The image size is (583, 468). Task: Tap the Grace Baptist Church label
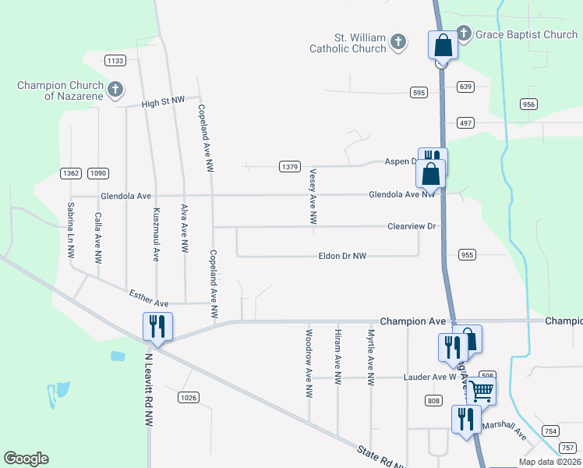pos(528,34)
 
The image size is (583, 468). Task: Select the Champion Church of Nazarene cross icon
pos(115,89)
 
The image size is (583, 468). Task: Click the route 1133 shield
pos(115,60)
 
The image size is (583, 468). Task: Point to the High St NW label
pos(163,102)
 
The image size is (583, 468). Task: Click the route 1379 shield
pos(290,166)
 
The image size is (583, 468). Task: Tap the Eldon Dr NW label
pos(342,256)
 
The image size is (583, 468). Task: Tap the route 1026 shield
pos(188,398)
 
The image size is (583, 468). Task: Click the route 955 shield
pos(468,254)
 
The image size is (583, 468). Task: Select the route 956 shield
pos(530,104)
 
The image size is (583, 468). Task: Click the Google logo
pos(26,459)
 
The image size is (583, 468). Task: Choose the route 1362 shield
pos(70,173)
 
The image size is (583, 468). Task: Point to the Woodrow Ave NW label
pos(309,364)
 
